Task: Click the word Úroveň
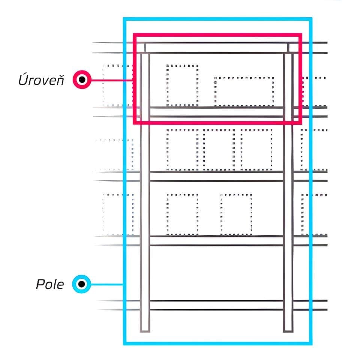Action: click(41, 80)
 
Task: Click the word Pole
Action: click(50, 284)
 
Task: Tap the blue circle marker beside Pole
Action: click(81, 284)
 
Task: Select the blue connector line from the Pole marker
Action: click(107, 284)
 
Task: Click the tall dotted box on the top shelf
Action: click(182, 85)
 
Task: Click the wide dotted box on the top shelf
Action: click(244, 91)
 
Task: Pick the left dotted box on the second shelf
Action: click(183, 149)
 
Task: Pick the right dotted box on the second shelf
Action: click(256, 149)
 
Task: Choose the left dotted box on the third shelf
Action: click(182, 214)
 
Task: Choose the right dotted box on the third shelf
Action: click(236, 214)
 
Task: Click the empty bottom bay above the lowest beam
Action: click(216, 273)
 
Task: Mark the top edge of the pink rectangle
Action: click(217, 35)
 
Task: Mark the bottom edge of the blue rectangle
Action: click(217, 343)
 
